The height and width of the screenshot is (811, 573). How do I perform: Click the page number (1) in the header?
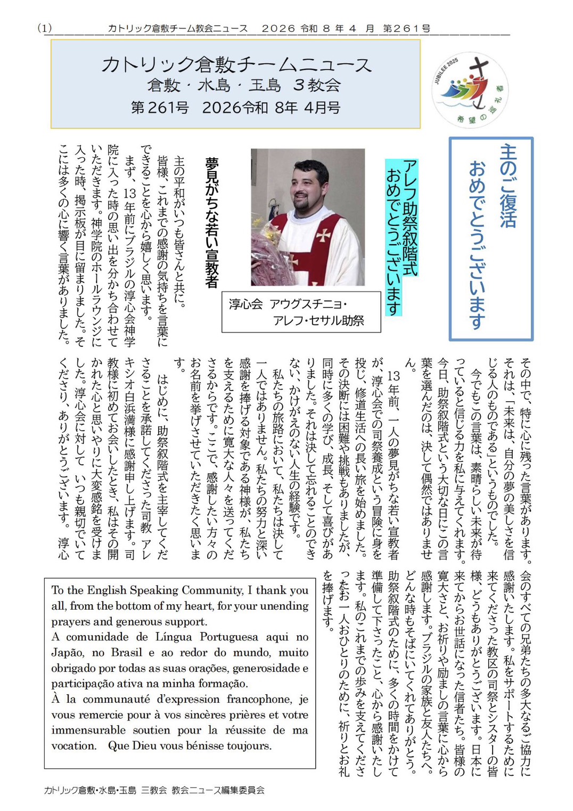click(45, 28)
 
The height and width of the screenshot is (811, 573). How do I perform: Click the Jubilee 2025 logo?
click(470, 90)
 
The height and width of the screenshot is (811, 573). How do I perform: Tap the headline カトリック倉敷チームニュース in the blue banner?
click(236, 64)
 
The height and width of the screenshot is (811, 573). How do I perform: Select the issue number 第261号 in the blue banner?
click(160, 108)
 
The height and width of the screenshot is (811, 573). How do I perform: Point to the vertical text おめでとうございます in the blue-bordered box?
click(478, 245)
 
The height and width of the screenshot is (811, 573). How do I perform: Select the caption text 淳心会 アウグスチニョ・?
click(288, 304)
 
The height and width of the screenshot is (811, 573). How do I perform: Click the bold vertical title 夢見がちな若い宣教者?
click(212, 222)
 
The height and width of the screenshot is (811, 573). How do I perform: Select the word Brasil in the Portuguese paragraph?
click(127, 653)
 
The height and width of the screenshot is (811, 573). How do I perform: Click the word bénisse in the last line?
click(205, 745)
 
